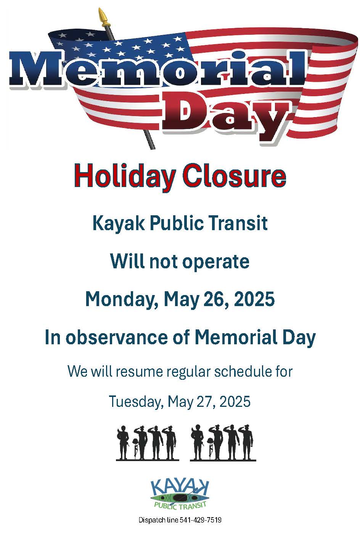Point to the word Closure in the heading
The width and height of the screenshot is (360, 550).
(235, 176)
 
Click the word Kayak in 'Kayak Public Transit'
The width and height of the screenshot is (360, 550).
(119, 223)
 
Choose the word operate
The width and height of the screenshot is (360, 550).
(216, 262)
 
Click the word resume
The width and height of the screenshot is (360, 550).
(140, 372)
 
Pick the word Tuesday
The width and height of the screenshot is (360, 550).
(136, 402)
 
